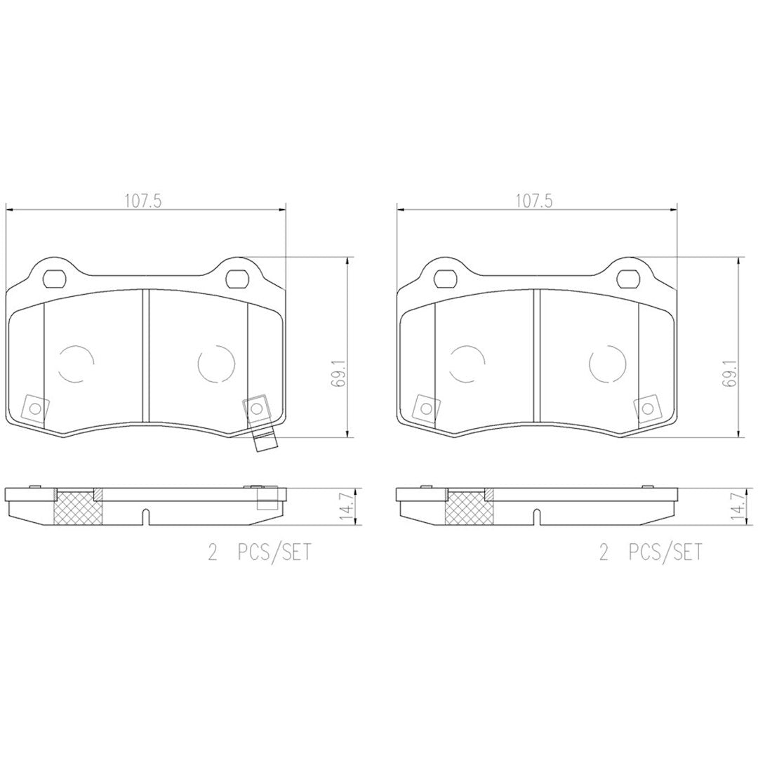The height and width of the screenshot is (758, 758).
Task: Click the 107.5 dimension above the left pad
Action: pos(143,201)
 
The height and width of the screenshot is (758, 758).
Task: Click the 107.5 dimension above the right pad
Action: pos(535,201)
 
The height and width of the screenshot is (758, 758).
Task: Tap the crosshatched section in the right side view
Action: pos(467,507)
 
